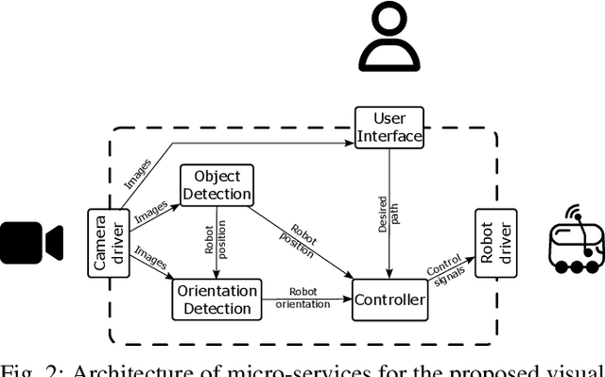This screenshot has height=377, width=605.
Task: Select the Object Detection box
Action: click(x=216, y=185)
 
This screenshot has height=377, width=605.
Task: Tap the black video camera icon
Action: click(x=31, y=243)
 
